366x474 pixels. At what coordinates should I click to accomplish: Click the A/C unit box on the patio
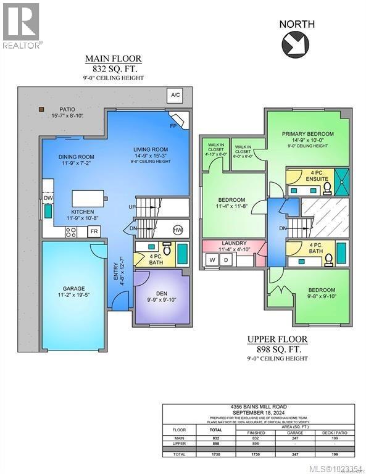175,96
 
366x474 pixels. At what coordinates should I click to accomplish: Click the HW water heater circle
178,230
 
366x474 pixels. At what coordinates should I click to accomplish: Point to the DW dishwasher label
47,199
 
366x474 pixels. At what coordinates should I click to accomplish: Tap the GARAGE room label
73,288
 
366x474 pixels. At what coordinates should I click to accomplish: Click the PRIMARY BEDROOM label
307,134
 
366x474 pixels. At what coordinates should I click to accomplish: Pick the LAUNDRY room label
235,243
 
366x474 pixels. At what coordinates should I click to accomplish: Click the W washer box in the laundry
213,259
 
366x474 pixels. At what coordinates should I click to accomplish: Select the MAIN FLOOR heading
113,59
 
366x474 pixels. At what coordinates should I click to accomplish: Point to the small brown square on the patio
41,109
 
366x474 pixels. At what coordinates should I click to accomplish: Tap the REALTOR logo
22,25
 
